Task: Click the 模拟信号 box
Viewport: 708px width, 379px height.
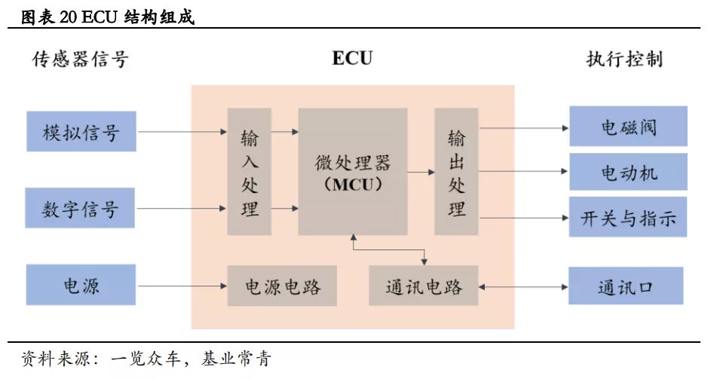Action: pos(81,132)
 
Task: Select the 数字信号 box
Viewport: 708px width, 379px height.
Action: pos(81,208)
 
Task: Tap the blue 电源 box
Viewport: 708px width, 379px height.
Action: pos(81,286)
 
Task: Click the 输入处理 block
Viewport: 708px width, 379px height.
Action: pos(250,172)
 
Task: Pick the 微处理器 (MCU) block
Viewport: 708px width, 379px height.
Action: pos(353,172)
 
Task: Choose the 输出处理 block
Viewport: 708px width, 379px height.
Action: pos(456,172)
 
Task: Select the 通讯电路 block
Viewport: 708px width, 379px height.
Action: pos(423,286)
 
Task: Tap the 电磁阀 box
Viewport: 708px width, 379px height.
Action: pos(628,127)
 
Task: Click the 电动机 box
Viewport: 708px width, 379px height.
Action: pos(628,173)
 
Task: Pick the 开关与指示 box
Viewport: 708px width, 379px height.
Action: pos(628,219)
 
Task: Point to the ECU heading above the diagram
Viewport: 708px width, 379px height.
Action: pos(352,59)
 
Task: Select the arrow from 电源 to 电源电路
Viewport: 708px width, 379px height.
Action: pos(181,286)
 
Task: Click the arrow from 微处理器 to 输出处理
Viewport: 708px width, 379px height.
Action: pos(421,173)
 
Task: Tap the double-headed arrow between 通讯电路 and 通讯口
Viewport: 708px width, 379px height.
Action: pos(523,286)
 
